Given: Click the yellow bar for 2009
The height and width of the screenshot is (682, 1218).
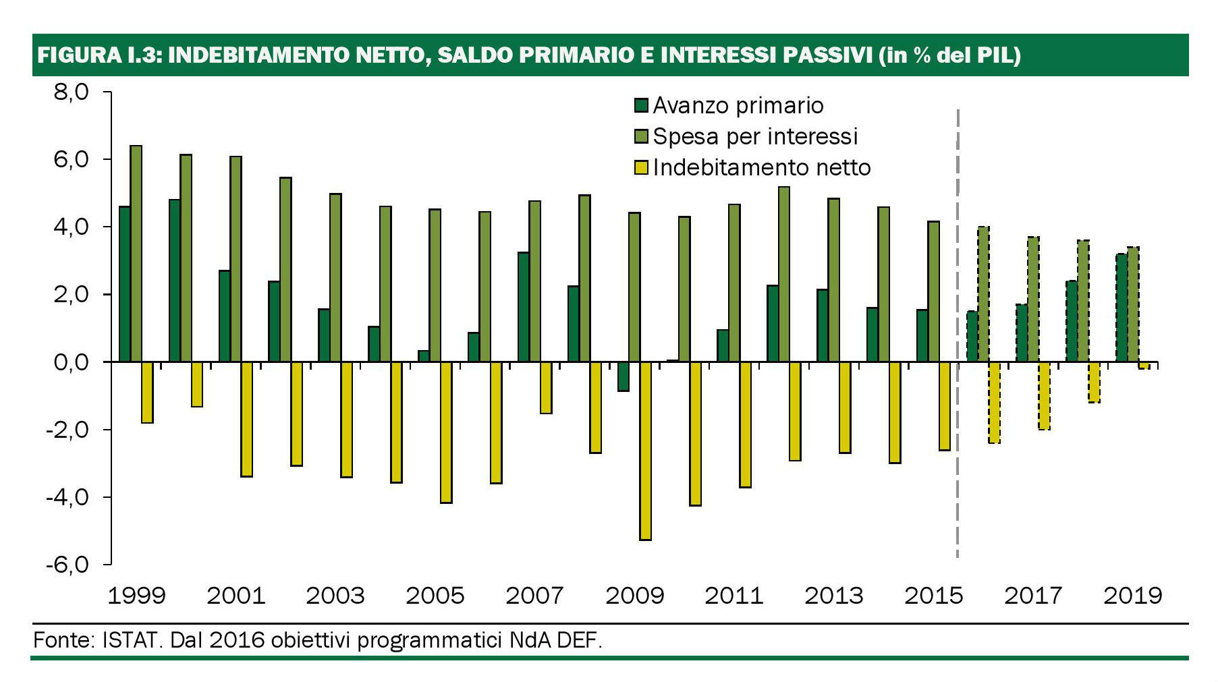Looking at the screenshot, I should click(x=645, y=451).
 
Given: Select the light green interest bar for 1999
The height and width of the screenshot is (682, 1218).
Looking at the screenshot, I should click(x=136, y=254).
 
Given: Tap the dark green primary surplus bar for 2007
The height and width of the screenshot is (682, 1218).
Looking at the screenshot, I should click(x=523, y=307).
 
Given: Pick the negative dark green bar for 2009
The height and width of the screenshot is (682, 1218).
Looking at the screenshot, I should click(x=623, y=376).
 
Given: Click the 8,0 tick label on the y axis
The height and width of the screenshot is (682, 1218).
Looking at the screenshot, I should click(x=71, y=92).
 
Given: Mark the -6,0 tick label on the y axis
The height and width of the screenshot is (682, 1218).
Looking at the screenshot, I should click(x=67, y=564).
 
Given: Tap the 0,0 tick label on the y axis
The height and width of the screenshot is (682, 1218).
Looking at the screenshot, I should click(x=71, y=362).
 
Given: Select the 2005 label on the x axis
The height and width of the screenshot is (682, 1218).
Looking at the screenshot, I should click(x=435, y=596).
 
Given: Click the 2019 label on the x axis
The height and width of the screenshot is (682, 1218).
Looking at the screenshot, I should click(x=1132, y=596).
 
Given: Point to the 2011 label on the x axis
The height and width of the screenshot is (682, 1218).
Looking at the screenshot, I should click(x=733, y=596).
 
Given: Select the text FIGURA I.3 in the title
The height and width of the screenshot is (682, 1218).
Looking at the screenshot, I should click(x=99, y=55).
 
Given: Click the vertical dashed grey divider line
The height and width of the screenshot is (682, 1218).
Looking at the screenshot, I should click(x=958, y=472).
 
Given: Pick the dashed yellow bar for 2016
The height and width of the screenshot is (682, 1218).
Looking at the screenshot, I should click(x=994, y=402).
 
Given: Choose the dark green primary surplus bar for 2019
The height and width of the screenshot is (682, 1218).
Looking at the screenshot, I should click(x=1121, y=308).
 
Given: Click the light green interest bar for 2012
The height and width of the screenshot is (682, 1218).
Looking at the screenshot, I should click(x=783, y=275).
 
